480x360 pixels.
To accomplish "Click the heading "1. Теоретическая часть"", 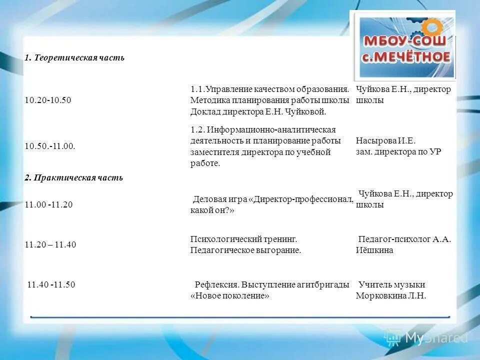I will (74, 58).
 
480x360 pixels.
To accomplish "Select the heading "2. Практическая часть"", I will (74, 178).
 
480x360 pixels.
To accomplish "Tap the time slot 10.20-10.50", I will (48, 100).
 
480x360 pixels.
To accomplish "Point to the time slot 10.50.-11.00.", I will (50, 145).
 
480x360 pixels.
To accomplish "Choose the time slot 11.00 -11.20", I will (48, 205).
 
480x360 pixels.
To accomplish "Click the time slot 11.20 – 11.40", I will (50, 244).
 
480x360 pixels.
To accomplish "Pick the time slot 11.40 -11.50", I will (51, 284).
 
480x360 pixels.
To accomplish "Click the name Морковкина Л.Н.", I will (390, 295).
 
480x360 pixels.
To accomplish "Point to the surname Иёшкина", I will (374, 250).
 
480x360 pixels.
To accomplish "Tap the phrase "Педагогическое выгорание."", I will (245, 250).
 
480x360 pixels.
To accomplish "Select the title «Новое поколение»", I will (230, 295).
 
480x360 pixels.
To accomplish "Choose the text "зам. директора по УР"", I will (398, 151).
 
